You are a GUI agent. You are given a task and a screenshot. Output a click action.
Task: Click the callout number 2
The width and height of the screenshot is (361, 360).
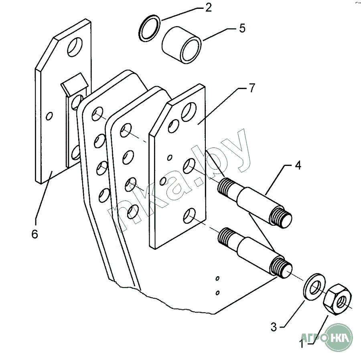pyautogui.click(x=208, y=8)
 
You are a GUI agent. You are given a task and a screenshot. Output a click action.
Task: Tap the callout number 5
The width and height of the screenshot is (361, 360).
pyautogui.click(x=242, y=28)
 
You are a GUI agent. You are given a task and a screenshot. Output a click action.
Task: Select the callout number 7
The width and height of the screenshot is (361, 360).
pyautogui.click(x=252, y=88)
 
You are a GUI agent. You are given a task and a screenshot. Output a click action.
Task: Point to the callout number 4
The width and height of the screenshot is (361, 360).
pyautogui.click(x=298, y=166)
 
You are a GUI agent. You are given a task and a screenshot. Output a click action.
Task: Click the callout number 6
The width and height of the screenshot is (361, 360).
pyautogui.click(x=34, y=234)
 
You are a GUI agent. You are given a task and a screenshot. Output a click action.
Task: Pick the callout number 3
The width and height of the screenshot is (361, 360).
pyautogui.click(x=274, y=327)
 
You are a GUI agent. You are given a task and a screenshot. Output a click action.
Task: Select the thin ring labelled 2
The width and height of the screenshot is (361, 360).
pyautogui.click(x=140, y=28)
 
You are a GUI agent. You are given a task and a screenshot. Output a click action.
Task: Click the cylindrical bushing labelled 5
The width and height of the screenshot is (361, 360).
pyautogui.click(x=182, y=45)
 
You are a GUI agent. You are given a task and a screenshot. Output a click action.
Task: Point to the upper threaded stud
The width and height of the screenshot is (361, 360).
pyautogui.click(x=254, y=203)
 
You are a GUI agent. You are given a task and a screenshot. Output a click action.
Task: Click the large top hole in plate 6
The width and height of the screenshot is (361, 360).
pyautogui.click(x=75, y=47)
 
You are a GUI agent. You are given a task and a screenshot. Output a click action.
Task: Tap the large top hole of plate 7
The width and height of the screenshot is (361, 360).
pyautogui.click(x=189, y=112)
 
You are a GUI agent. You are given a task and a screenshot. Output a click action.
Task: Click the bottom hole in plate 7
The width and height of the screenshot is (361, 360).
pyautogui.click(x=189, y=216)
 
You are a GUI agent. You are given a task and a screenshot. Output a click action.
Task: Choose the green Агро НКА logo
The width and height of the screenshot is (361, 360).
pyautogui.click(x=338, y=338)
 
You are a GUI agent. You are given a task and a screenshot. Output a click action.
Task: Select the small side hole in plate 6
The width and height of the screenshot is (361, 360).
pyautogui.click(x=49, y=116)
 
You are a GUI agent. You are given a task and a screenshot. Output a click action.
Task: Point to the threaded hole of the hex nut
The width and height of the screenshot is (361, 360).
pyautogui.click(x=341, y=302)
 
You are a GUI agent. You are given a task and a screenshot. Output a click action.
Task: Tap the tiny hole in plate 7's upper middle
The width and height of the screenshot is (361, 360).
pyautogui.click(x=170, y=158)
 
